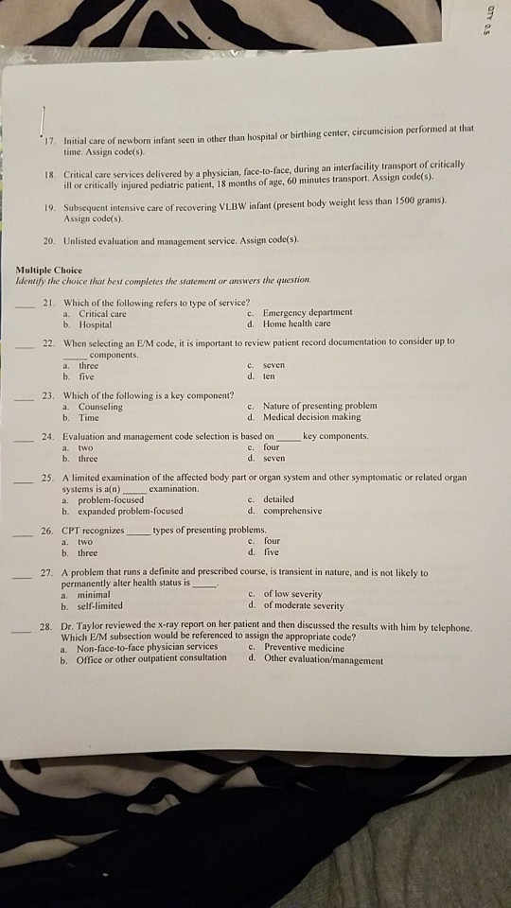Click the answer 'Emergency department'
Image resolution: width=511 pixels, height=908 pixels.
(308, 311)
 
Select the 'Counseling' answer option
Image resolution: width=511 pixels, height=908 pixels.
(100, 405)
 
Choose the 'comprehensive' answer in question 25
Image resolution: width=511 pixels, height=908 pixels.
(295, 510)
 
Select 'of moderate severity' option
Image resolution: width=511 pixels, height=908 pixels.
(304, 605)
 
